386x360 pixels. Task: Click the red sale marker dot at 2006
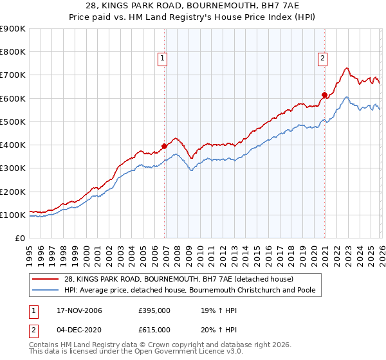pyautogui.click(x=165, y=146)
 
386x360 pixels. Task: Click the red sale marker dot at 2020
pyautogui.click(x=325, y=95)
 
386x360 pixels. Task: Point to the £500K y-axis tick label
pyautogui.click(x=13, y=122)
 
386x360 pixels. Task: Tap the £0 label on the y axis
pyautogui.click(x=19, y=238)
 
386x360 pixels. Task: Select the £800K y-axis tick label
pyautogui.click(x=13, y=52)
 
